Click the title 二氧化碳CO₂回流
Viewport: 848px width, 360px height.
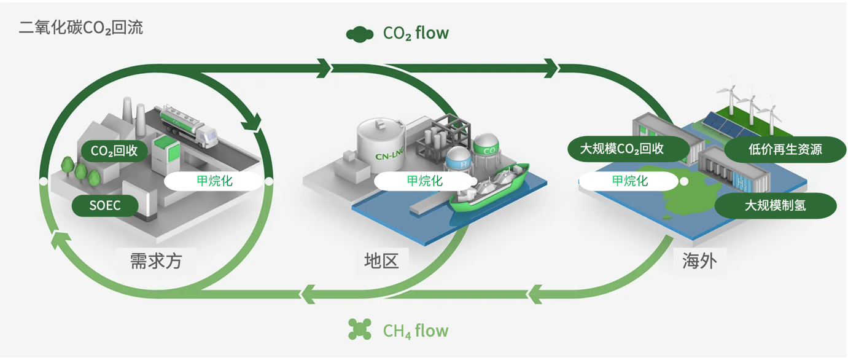[x=81, y=28]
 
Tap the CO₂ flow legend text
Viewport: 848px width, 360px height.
[x=416, y=33]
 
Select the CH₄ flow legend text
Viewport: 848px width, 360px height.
[x=416, y=331]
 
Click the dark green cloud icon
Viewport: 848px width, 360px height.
[x=360, y=34]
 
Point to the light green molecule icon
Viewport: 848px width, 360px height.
[x=360, y=330]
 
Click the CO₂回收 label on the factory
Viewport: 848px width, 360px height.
[x=114, y=151]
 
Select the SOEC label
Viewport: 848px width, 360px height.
[x=105, y=206]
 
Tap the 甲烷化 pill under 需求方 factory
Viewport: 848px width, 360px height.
[x=214, y=181]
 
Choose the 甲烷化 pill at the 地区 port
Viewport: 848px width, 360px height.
[x=424, y=181]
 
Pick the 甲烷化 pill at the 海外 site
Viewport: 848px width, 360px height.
[x=629, y=181]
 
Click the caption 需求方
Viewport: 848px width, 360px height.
[x=157, y=260]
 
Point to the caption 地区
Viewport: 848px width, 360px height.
[x=381, y=260]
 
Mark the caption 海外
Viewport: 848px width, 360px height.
[x=699, y=260]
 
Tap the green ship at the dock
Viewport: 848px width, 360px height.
[x=489, y=187]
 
